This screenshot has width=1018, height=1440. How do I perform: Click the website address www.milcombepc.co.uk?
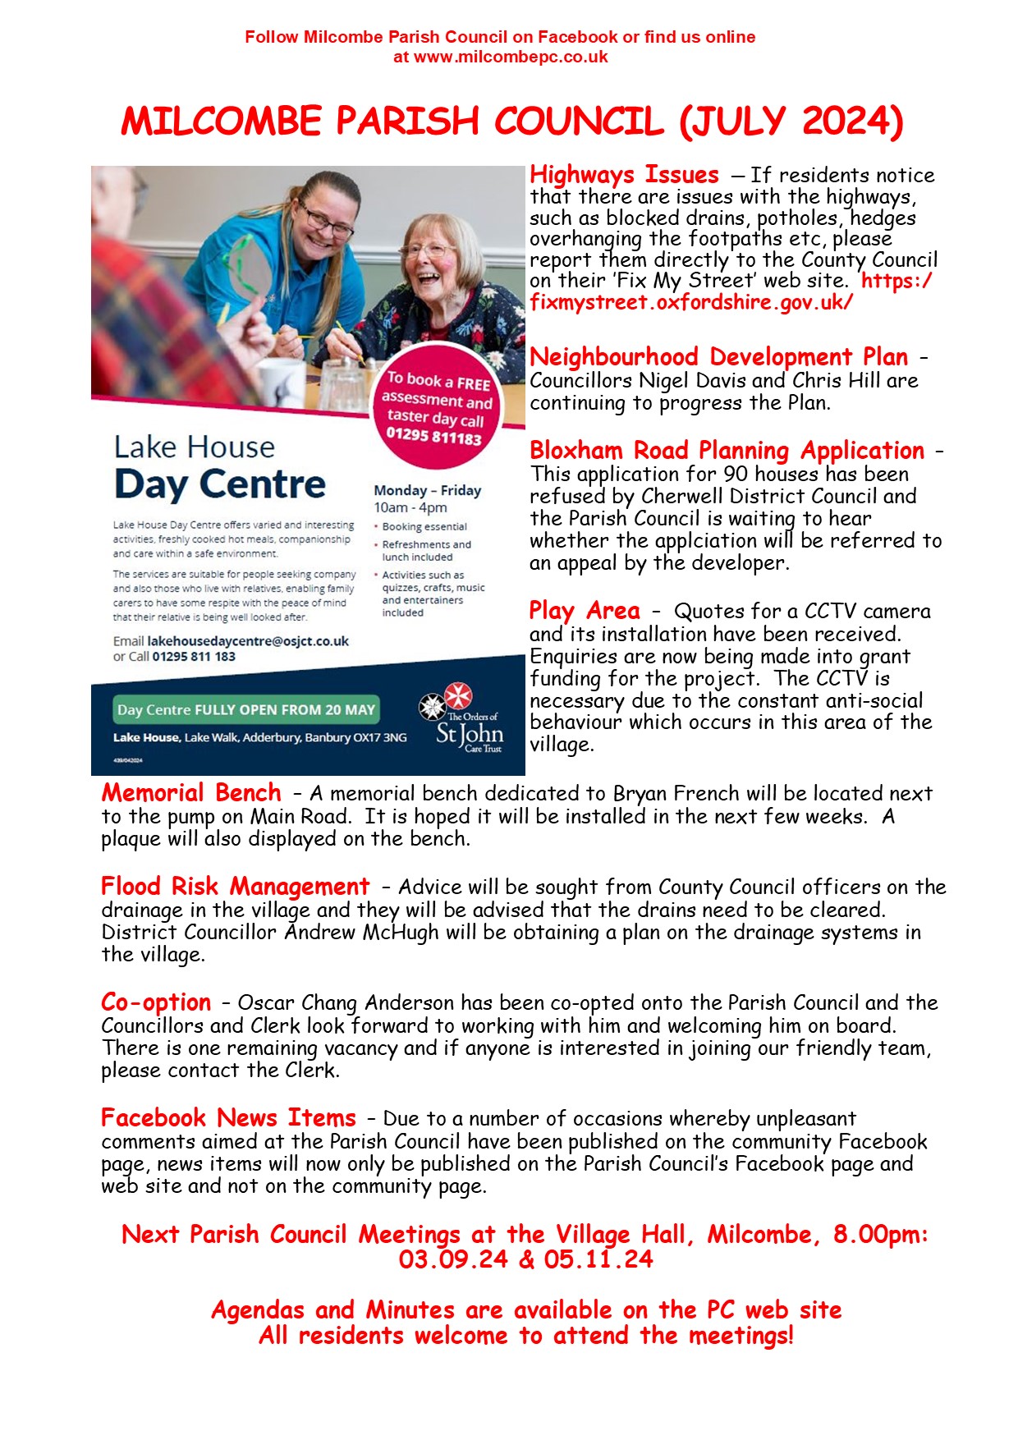pos(511,57)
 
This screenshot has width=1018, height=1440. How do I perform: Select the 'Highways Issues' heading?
pos(624,175)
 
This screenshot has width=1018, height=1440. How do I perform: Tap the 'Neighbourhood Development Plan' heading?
pos(718,357)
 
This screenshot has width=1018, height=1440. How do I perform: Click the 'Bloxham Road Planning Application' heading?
pos(727,451)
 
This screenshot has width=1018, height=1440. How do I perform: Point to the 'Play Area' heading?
pos(584,611)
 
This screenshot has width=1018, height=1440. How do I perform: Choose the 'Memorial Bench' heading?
pos(191,793)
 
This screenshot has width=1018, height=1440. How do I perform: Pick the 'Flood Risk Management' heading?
pos(235,887)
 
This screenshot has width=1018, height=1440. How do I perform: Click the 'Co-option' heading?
pos(156,1002)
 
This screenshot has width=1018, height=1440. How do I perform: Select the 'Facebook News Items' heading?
pos(228,1118)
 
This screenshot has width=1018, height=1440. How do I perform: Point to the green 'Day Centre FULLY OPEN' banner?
pos(245,710)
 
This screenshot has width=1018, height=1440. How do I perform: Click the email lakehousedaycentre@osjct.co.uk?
pos(248,641)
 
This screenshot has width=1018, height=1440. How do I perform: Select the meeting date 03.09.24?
pos(453,1259)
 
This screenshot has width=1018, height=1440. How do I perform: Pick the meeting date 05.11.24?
pos(598,1259)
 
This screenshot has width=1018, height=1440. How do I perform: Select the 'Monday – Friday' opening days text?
pos(427,491)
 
